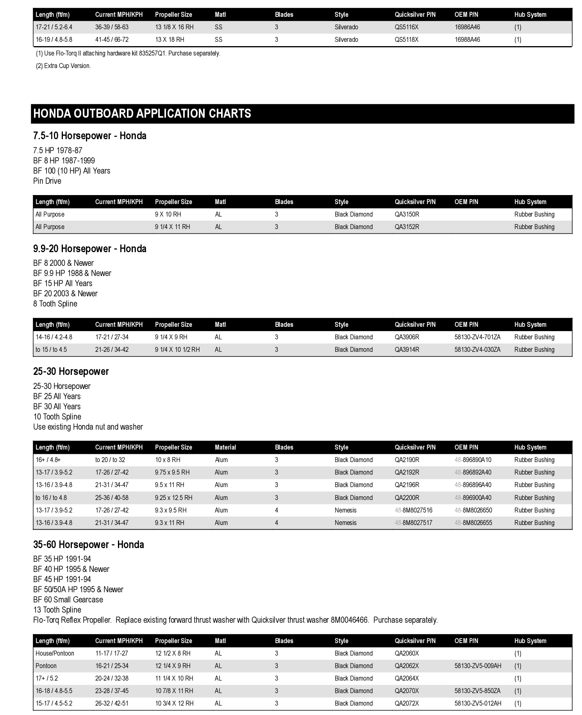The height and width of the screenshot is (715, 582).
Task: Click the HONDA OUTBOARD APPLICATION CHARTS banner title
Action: click(x=142, y=113)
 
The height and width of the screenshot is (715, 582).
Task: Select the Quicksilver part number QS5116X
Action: click(x=406, y=27)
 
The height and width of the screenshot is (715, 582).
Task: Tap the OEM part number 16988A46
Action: click(x=467, y=39)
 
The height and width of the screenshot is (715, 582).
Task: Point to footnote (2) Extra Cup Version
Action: click(x=63, y=66)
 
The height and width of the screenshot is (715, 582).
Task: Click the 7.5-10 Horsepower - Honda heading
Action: click(x=90, y=136)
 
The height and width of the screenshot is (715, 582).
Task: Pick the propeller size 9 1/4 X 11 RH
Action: click(x=172, y=227)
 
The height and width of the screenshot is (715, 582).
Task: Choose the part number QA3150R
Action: click(x=407, y=214)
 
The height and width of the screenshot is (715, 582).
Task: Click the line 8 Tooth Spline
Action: click(x=55, y=304)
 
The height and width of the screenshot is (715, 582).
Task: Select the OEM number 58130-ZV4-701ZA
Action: click(x=477, y=337)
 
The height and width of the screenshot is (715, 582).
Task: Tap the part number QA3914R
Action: click(x=407, y=349)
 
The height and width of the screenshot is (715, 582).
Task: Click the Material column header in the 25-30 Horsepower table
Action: click(x=225, y=447)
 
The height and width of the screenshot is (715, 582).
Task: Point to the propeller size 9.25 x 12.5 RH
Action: click(x=174, y=498)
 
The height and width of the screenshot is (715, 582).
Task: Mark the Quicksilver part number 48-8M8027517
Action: click(x=413, y=523)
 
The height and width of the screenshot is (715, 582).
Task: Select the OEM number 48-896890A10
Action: click(x=473, y=460)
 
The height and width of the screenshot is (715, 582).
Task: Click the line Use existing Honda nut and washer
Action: click(x=88, y=427)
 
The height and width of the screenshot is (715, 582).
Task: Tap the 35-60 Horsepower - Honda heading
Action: click(x=89, y=545)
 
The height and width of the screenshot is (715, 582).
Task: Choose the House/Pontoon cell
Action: click(x=55, y=653)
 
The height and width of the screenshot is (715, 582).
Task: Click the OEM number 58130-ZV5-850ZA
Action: click(x=477, y=691)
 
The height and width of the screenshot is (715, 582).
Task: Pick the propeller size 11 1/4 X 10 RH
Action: click(x=174, y=678)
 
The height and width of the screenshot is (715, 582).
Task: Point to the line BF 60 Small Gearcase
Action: click(x=68, y=600)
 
